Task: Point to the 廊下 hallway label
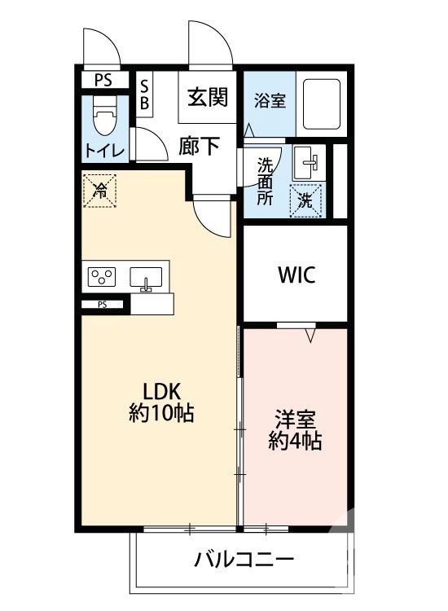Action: (x=200, y=146)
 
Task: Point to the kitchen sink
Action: (x=147, y=278)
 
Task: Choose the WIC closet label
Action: (x=296, y=274)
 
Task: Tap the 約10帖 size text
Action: (x=160, y=413)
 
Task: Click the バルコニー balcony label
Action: (x=244, y=560)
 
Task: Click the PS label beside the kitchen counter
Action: (x=102, y=305)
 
